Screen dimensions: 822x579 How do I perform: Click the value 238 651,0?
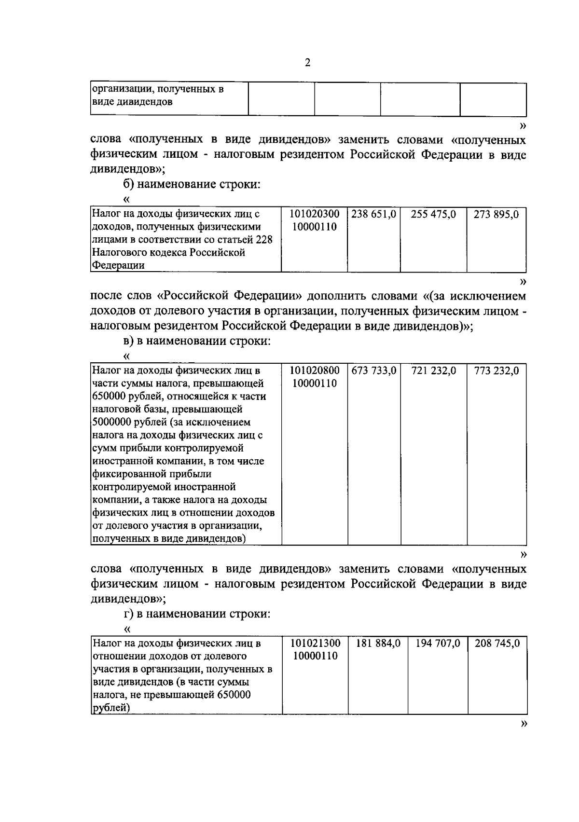[373, 214]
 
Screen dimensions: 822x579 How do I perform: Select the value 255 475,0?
[433, 214]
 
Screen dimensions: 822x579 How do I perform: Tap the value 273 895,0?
[496, 214]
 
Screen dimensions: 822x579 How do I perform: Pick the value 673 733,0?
[374, 370]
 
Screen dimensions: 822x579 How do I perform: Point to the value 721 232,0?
[434, 370]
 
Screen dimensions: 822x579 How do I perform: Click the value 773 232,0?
[496, 370]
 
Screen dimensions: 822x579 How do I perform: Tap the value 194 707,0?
[438, 643]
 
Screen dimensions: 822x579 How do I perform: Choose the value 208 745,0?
[497, 643]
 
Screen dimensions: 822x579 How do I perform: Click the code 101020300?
[315, 214]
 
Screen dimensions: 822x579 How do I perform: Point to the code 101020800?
[315, 370]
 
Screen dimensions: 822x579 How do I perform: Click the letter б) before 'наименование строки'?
[128, 184]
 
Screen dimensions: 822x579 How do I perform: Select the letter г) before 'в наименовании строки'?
[128, 614]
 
